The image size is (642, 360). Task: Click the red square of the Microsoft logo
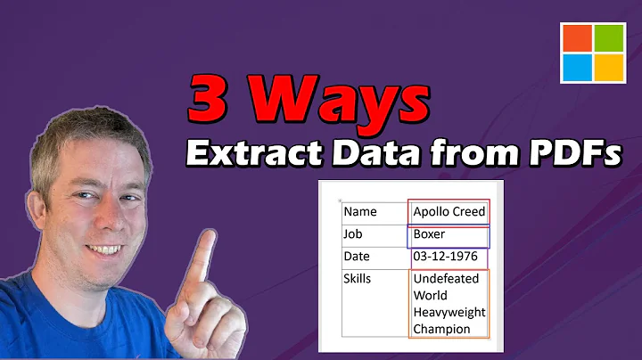[577, 38]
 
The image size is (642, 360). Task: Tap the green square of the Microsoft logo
[609, 38]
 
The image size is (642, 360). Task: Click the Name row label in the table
[360, 212]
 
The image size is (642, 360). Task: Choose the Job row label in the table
[354, 235]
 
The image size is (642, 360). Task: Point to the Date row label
[358, 258]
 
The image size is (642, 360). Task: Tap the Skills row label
[359, 279]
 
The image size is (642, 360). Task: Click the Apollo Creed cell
[449, 212]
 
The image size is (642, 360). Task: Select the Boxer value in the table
[430, 234]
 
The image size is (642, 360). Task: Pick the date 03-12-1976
[446, 257]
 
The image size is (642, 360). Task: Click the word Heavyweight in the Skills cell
[449, 312]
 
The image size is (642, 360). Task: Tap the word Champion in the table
[442, 329]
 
